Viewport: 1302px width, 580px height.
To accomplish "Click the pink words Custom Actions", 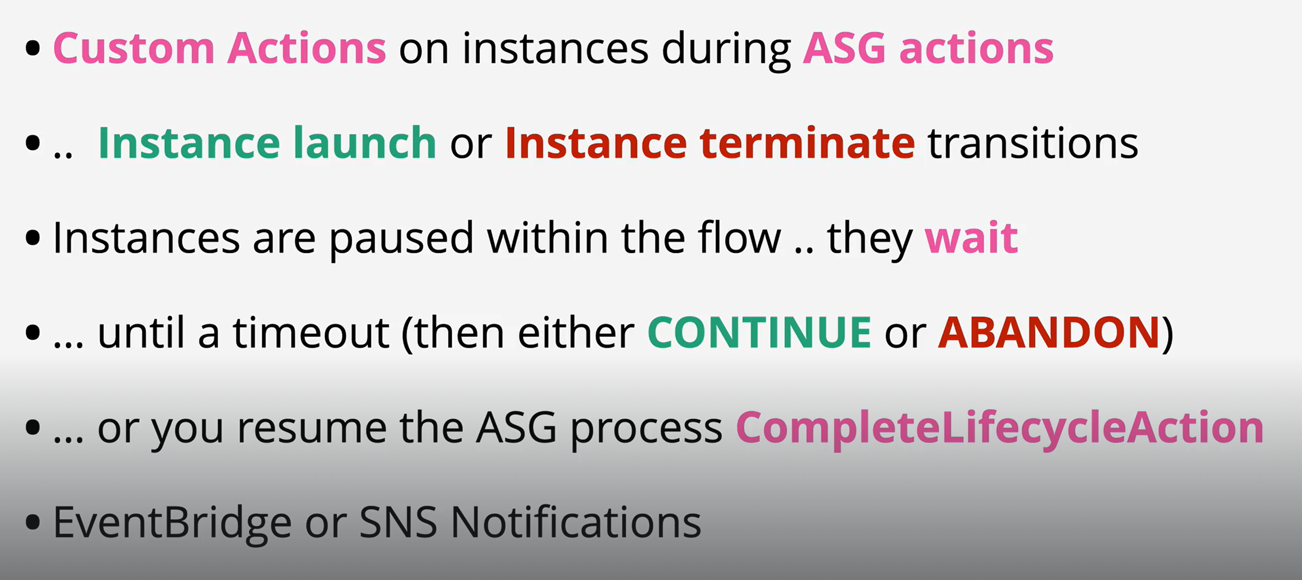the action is [x=219, y=48].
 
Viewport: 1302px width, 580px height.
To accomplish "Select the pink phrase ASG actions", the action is [x=928, y=48].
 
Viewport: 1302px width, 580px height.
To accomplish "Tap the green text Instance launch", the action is [x=267, y=143].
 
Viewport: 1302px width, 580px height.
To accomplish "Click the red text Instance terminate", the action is [x=710, y=143].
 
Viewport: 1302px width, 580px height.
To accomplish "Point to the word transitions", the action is [x=1032, y=143].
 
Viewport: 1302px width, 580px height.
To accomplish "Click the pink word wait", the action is [x=971, y=237].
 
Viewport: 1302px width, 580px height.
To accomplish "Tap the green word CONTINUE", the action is [x=759, y=332].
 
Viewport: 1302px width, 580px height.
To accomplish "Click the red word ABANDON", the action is [x=1049, y=332].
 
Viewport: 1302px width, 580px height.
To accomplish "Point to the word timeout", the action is [x=310, y=332].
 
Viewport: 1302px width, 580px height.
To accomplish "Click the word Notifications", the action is [x=576, y=522].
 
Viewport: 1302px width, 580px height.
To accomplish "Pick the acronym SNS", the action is [x=398, y=522].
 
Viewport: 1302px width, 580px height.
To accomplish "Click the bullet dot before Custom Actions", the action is [x=33, y=48].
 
